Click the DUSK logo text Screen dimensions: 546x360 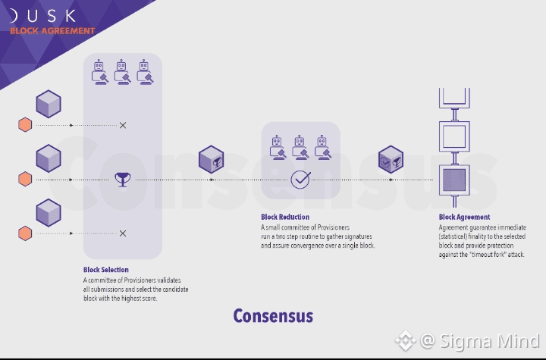coord(45,14)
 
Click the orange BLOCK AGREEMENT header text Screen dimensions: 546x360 coord(52,31)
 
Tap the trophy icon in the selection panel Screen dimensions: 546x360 coord(121,180)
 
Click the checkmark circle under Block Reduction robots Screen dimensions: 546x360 coord(301,180)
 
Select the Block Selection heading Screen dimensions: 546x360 coord(106,270)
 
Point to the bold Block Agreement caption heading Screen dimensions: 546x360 coord(464,218)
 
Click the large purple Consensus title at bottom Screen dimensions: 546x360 coord(272,315)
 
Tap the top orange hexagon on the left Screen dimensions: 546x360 coord(25,125)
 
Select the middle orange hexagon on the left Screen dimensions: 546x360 coord(25,180)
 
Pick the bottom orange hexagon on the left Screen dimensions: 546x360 coord(25,233)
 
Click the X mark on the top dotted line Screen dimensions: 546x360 coord(123,125)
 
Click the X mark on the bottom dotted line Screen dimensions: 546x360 coord(123,233)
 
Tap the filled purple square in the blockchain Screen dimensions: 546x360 coord(454,180)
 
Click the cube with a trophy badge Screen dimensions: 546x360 coord(211,160)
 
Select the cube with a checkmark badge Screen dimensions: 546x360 coord(391,160)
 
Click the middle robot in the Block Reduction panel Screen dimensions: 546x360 coord(300,146)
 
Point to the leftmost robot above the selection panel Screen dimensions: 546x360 coord(99,71)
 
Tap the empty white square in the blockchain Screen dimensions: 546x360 coord(454,136)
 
